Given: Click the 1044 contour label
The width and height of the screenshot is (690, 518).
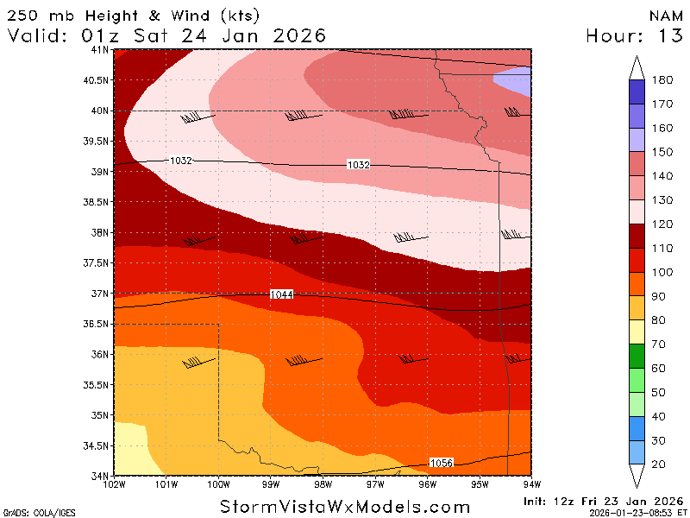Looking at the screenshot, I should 281,295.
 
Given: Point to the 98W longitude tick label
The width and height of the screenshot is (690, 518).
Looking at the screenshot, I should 323,485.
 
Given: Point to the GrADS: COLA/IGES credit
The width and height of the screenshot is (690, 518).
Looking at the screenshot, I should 31,512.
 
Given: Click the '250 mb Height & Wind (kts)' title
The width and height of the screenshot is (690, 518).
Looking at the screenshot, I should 133,16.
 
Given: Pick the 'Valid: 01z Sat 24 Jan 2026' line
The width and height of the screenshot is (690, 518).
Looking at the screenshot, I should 167,35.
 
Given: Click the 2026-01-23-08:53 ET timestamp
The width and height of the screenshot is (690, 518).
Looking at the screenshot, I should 637,512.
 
